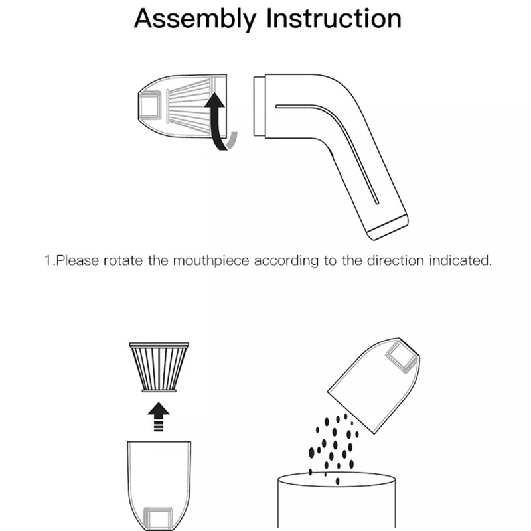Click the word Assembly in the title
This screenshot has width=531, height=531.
tap(195, 19)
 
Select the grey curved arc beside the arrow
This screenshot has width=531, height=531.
tap(232, 141)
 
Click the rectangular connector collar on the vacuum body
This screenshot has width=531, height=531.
tap(260, 106)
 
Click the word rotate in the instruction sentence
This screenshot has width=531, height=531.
tap(123, 260)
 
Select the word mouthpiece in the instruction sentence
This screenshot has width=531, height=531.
tap(211, 261)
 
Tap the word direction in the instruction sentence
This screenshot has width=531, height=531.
tap(396, 260)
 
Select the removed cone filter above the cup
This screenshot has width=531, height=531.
tap(159, 368)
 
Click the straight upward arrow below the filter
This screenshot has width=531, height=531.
tap(159, 417)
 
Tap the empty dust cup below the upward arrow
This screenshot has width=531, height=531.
tap(159, 486)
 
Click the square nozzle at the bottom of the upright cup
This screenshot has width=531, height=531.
tap(158, 519)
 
